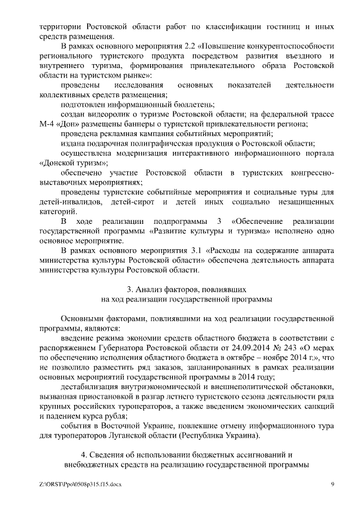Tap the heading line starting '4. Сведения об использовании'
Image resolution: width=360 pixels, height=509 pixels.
[x=186, y=453]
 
